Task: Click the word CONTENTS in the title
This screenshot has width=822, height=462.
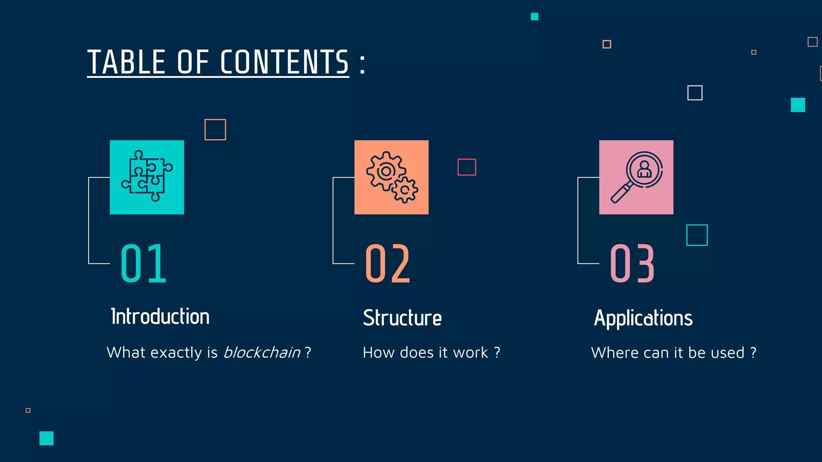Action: tap(284, 62)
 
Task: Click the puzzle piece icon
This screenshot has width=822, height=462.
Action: tap(147, 177)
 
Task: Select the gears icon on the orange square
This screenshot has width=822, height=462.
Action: tap(391, 177)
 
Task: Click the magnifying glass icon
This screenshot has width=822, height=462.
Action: tap(636, 177)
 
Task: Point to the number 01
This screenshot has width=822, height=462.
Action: tap(143, 263)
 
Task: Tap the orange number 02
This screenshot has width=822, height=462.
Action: tap(388, 263)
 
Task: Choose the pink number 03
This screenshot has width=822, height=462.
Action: tap(632, 263)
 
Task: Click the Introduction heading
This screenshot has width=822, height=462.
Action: tap(160, 316)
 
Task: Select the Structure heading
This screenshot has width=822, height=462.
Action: tap(402, 318)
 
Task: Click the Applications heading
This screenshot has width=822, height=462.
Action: tap(643, 318)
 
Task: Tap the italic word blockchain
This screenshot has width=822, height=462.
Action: tap(262, 353)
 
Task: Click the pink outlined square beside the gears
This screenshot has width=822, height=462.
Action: tap(467, 167)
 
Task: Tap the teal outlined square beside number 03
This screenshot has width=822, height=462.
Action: tap(697, 235)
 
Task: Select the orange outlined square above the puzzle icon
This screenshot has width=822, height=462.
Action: tap(215, 130)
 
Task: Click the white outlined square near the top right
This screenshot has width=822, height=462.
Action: tap(695, 93)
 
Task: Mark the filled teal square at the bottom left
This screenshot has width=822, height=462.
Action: tap(47, 438)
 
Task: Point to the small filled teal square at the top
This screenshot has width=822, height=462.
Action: tap(534, 16)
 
